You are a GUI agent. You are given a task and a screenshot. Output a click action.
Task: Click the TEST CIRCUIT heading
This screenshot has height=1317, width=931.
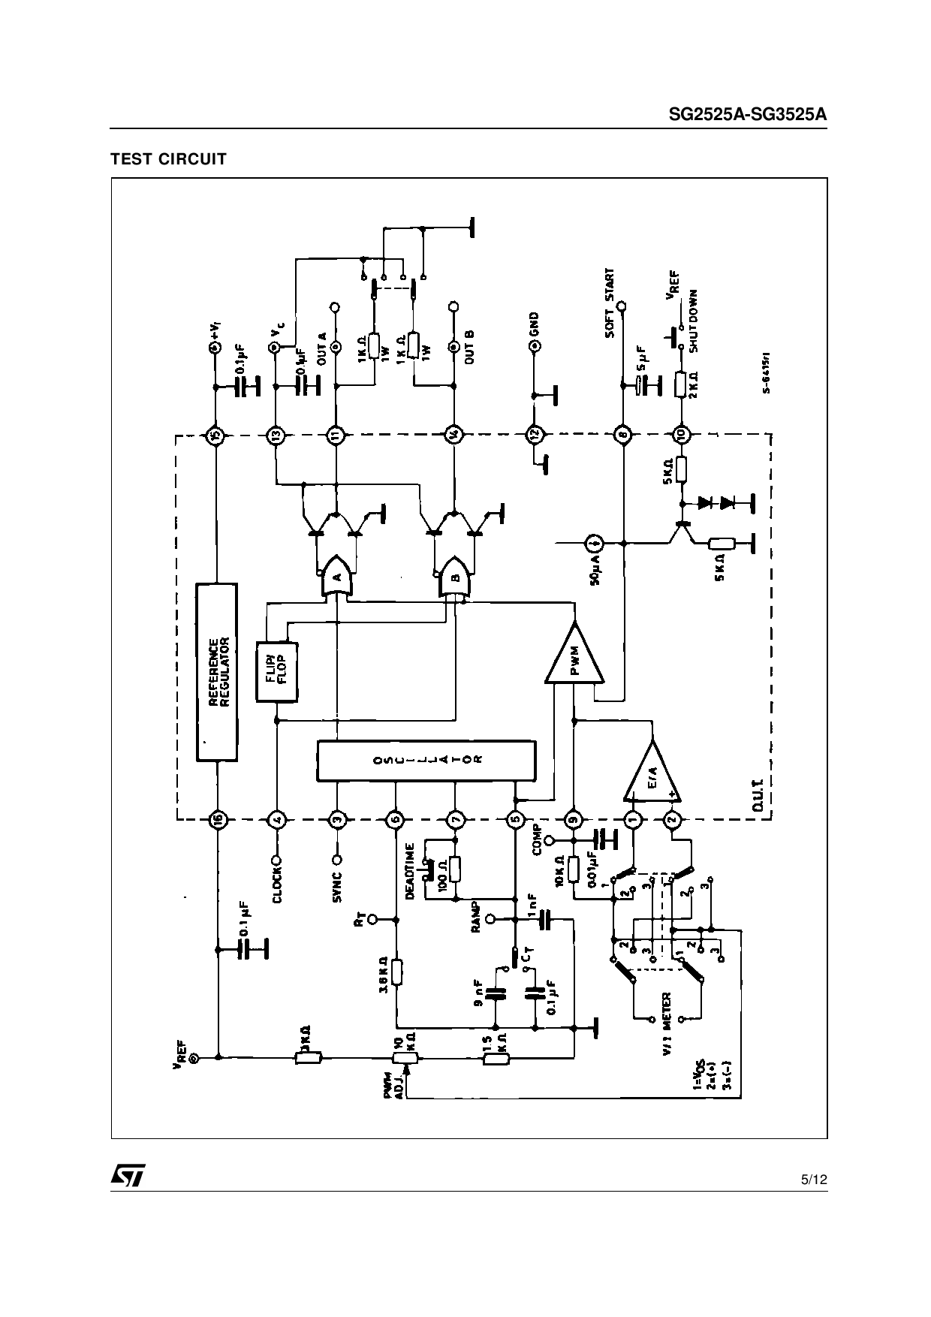168,159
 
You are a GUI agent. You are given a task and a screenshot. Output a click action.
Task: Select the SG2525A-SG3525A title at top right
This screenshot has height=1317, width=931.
748,115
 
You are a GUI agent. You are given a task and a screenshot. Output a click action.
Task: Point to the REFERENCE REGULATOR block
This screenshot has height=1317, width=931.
216,671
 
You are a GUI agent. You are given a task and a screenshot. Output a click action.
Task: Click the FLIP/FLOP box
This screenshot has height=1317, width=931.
277,671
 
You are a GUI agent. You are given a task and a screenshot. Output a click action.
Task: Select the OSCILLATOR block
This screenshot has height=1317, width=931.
426,761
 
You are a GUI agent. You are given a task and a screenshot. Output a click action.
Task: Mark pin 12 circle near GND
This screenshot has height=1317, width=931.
534,434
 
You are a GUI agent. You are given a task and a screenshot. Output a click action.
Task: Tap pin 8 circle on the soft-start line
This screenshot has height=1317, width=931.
622,434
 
